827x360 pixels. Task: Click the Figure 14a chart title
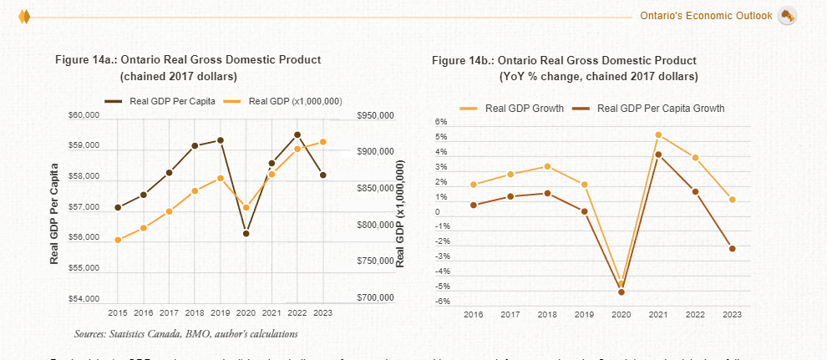187,59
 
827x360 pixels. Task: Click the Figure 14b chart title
564,61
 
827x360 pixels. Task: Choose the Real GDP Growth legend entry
524,109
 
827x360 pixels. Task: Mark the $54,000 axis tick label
84,299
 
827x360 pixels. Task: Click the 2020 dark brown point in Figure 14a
246,233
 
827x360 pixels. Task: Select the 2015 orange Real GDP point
118,240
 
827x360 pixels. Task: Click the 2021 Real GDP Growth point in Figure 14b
658,134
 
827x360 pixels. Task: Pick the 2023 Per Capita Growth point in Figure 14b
732,248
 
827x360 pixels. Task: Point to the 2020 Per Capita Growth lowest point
621,292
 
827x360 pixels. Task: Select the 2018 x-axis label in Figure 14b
547,314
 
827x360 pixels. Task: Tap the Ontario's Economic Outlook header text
706,16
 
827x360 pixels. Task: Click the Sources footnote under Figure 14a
185,333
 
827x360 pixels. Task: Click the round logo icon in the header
786,16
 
